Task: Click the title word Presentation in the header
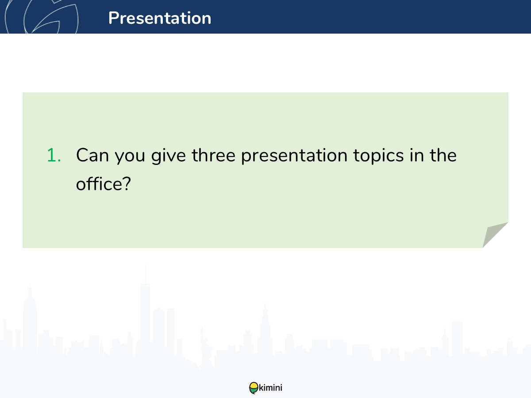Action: tap(160, 18)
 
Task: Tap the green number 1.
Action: tap(54, 155)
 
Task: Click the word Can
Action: tap(92, 155)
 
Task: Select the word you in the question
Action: tap(130, 157)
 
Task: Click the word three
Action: tap(214, 155)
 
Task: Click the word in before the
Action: tap(417, 155)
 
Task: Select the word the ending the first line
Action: tap(443, 155)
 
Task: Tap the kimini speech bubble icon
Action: tap(254, 387)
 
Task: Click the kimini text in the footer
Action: tap(270, 388)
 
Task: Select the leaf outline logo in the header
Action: tap(42, 17)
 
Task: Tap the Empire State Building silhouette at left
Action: tap(30, 319)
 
